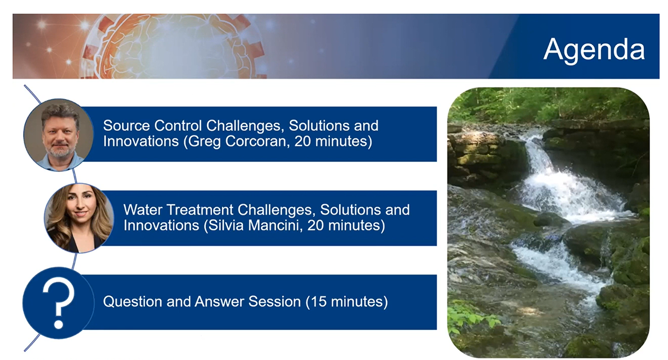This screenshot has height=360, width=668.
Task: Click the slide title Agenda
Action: (x=594, y=50)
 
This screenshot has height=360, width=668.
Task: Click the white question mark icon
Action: (x=58, y=303)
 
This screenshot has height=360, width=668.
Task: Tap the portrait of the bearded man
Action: (x=59, y=134)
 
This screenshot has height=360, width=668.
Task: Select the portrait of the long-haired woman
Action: (x=78, y=218)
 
